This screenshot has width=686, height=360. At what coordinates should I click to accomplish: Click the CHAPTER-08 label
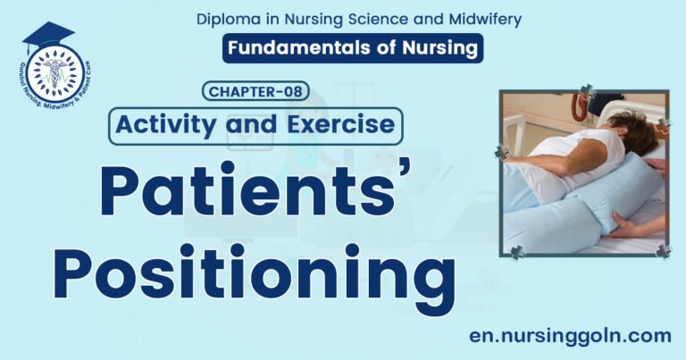pyautogui.click(x=255, y=91)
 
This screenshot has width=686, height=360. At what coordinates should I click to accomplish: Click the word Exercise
pyautogui.click(x=344, y=124)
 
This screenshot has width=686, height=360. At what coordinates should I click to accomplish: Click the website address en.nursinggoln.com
pyautogui.click(x=570, y=336)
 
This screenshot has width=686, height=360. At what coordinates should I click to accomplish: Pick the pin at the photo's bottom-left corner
pyautogui.click(x=515, y=252)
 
